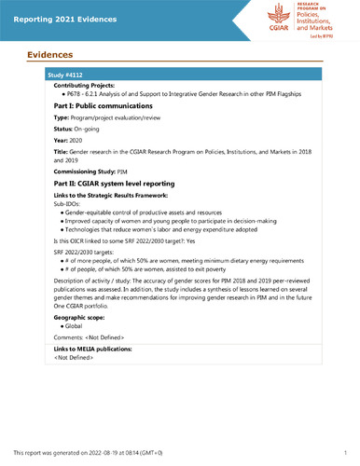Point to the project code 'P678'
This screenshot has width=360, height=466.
tap(71, 95)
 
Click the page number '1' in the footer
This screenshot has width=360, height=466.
tap(345, 453)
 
